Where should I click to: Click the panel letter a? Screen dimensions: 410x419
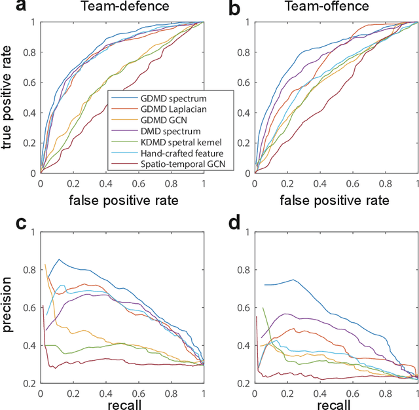(9, 8)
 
